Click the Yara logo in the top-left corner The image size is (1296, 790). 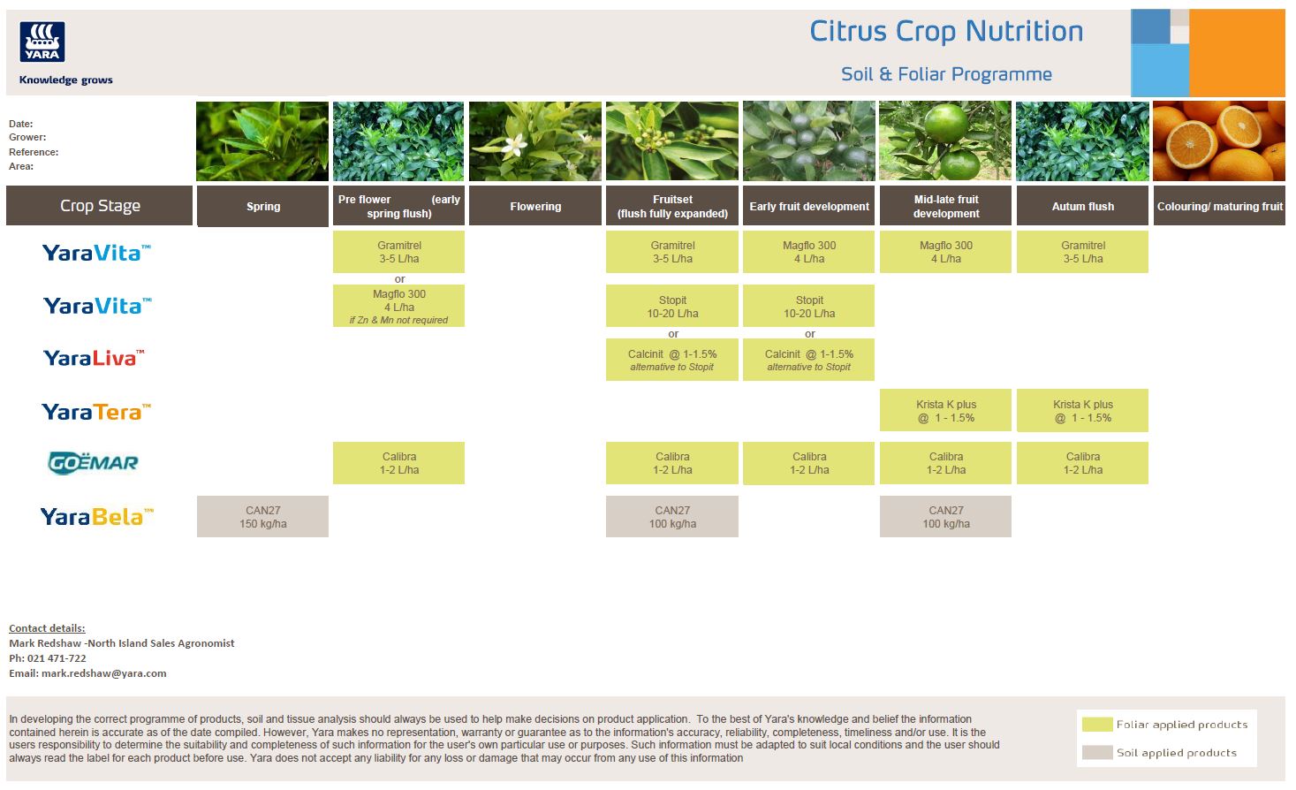(42, 42)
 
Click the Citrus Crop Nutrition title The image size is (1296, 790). (946, 32)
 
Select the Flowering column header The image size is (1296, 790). (535, 206)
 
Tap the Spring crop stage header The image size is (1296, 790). (262, 206)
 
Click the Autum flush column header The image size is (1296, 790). (1082, 206)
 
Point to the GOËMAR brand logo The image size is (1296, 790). (93, 462)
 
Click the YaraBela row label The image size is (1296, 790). (96, 516)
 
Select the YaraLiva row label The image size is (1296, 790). (93, 358)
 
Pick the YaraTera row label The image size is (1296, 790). (95, 412)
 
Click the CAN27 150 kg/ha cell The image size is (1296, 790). (262, 516)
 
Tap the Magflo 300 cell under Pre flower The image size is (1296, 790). (398, 306)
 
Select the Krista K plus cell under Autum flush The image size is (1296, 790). (1082, 411)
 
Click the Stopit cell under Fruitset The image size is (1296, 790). (671, 306)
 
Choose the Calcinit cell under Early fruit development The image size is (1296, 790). (808, 360)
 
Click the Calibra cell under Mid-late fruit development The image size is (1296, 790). (945, 463)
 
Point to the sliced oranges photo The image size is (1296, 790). (1218, 141)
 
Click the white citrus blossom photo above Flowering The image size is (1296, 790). (534, 141)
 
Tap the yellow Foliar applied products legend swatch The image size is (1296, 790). (1096, 725)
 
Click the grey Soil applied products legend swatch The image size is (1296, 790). (1096, 753)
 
